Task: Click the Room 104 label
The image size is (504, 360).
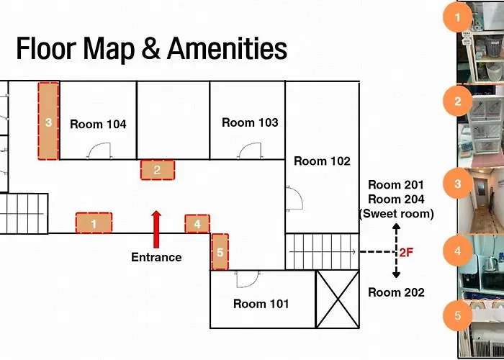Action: (x=98, y=124)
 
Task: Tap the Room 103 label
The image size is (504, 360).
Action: (x=250, y=122)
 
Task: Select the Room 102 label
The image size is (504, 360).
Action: (x=322, y=161)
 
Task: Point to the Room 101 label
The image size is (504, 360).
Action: (x=261, y=304)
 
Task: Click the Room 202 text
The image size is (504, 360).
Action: (x=396, y=292)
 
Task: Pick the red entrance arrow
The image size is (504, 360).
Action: (x=156, y=230)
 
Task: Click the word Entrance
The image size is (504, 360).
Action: (x=156, y=257)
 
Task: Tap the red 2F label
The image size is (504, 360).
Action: (x=406, y=253)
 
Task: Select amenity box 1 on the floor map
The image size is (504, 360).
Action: (x=94, y=222)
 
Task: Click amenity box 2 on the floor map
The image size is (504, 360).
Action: (x=158, y=170)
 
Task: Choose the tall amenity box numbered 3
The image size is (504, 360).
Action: (x=48, y=121)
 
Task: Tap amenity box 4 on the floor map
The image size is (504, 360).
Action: (x=197, y=224)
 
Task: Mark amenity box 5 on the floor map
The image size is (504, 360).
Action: (x=220, y=252)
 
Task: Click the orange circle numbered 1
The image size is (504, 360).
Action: (x=458, y=18)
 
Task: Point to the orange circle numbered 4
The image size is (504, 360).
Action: (x=458, y=251)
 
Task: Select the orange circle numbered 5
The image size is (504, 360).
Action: (x=458, y=315)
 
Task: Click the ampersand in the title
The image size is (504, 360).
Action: (x=150, y=49)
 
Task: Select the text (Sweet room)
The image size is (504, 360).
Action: (x=396, y=214)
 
